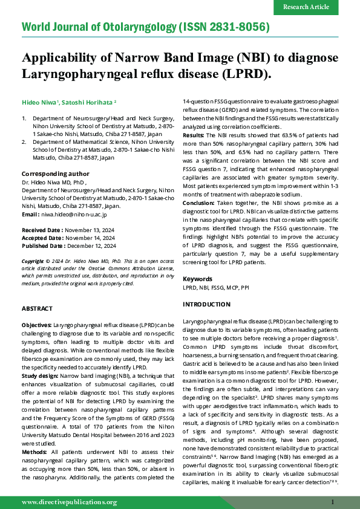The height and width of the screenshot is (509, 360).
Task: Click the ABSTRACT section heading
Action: (36, 308)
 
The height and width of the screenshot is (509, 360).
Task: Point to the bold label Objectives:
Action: (36, 325)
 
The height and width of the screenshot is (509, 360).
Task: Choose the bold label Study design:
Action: (40, 375)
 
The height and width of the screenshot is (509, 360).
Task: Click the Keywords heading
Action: (197, 279)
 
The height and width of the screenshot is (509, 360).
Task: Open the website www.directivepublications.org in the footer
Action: (69, 502)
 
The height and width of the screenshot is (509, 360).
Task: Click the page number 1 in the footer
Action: (333, 502)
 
